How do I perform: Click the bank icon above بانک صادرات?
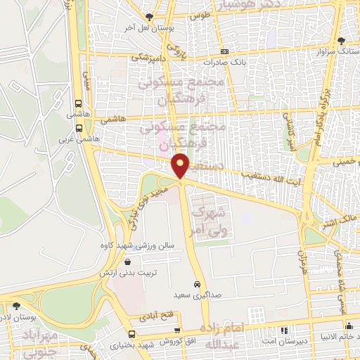pyautogui.click(x=224, y=51)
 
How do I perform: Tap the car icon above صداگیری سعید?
pyautogui.click(x=198, y=284)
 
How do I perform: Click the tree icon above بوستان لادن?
pyautogui.click(x=15, y=306)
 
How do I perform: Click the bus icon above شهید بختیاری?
pyautogui.click(x=179, y=330)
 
